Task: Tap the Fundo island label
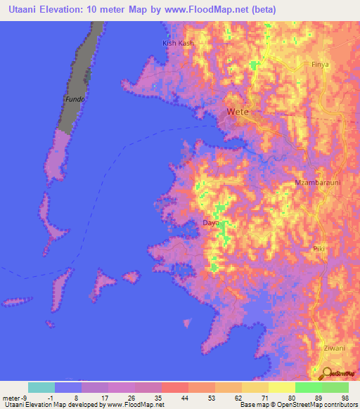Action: click(x=75, y=99)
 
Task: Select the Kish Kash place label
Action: click(x=177, y=43)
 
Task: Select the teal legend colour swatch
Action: click(x=41, y=387)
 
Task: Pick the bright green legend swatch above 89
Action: click(x=308, y=387)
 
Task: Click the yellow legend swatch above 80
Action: click(x=281, y=387)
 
